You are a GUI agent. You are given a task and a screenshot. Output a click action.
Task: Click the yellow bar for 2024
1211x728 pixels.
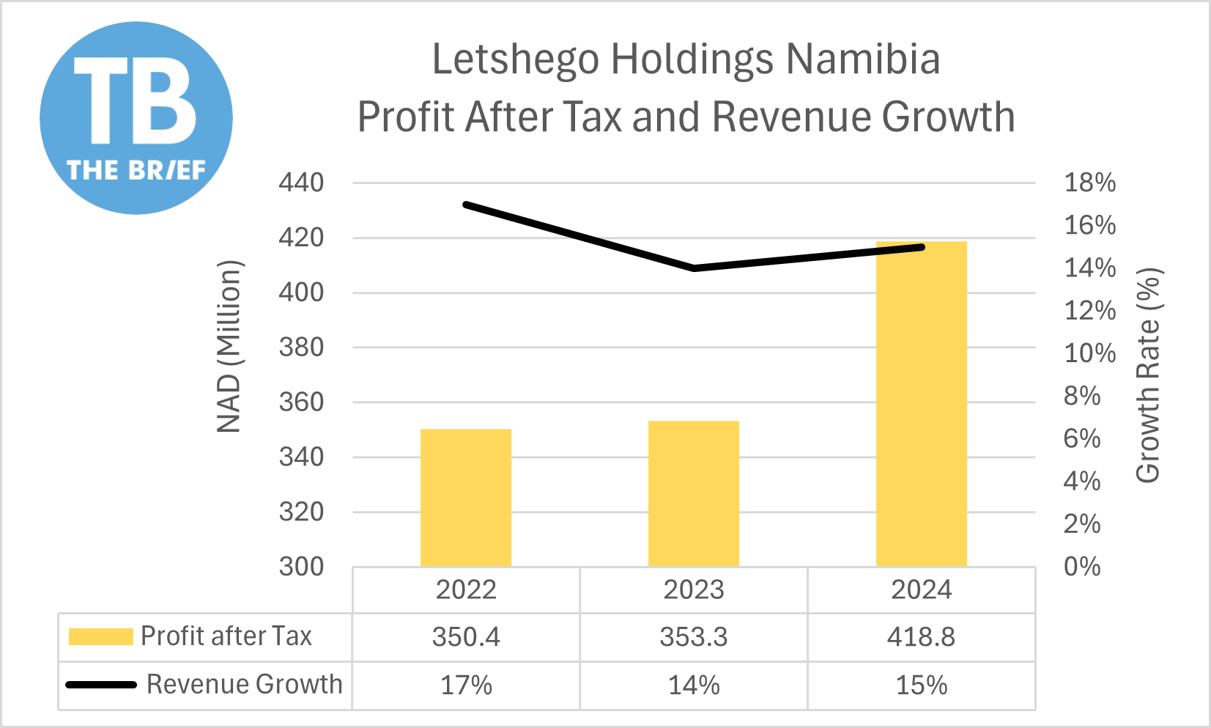point(921,403)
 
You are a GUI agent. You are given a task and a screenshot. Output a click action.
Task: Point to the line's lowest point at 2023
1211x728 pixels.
point(693,268)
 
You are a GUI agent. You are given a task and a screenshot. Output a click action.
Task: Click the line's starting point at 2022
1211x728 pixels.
point(467,205)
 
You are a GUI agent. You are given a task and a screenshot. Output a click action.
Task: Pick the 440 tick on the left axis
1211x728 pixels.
point(301,183)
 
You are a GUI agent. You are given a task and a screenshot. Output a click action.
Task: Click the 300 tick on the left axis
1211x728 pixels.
point(301,566)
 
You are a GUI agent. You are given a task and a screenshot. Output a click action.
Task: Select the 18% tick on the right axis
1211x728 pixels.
point(1089,183)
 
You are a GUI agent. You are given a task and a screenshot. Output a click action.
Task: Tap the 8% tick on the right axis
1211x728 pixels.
point(1082,396)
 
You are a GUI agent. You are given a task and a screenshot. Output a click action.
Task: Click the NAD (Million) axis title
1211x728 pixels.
point(229,346)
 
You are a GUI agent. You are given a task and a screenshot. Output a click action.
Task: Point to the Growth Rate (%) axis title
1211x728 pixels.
point(1148,375)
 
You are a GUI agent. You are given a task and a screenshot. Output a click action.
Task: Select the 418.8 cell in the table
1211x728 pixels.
point(921,636)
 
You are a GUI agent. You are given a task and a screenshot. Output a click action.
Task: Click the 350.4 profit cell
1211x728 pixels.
point(465,636)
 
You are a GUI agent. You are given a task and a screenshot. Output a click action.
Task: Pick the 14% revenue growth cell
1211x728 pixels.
point(693,685)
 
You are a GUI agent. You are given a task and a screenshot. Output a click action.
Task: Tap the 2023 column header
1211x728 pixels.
point(693,589)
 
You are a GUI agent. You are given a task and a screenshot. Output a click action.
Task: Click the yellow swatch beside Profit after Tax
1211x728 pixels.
point(100,636)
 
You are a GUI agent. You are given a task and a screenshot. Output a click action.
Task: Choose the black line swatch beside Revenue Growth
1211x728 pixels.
point(101,685)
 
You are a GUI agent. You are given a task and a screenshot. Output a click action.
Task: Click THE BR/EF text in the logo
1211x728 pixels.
point(136,170)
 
